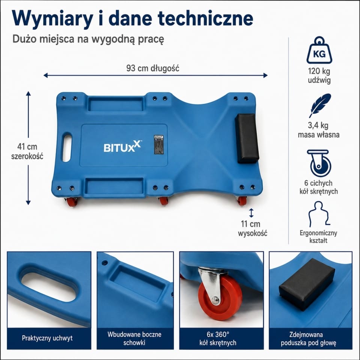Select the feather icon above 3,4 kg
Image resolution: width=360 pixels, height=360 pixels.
click(320, 105)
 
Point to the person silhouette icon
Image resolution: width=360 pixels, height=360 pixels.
click(319, 214)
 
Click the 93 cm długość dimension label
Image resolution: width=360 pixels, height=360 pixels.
click(153, 68)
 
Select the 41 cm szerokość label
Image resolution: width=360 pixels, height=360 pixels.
click(27, 151)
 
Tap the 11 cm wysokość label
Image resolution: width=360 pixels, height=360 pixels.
click(252, 228)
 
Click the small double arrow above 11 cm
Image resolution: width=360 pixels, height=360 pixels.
click(251, 213)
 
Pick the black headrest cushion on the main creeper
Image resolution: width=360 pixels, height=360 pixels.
click(247, 138)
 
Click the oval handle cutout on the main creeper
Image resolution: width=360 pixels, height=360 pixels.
click(67, 147)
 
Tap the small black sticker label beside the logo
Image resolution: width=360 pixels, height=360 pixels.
click(159, 144)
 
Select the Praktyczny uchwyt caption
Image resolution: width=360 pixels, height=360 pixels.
click(47, 338)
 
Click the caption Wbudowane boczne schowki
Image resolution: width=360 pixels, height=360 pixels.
click(135, 338)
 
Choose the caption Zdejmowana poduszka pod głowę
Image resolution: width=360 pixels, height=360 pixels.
click(308, 339)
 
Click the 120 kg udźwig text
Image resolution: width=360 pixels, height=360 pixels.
click(319, 75)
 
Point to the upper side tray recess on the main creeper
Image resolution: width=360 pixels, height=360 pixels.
click(116, 104)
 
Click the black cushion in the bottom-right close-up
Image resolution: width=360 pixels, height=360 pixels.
click(307, 284)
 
